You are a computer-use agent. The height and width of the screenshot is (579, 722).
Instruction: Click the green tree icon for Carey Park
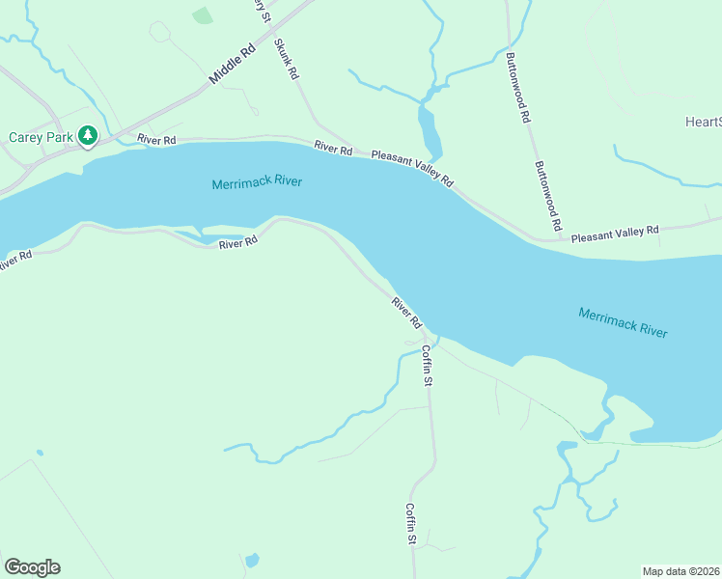[88, 136]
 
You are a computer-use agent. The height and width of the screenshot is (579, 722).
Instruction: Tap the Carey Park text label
[40, 137]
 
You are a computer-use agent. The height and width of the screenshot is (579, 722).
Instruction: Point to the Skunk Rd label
[287, 59]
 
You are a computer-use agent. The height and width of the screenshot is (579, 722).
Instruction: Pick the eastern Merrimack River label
[623, 321]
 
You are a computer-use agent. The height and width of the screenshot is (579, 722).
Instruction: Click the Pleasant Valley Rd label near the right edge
[614, 233]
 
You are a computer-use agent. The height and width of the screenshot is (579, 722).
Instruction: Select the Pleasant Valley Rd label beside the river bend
[413, 167]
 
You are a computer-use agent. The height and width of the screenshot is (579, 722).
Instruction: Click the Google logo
[32, 567]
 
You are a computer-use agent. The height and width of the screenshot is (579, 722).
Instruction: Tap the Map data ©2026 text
[680, 570]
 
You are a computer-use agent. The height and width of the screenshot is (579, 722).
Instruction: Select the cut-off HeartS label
[703, 122]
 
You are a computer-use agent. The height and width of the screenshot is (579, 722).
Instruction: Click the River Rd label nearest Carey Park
[156, 140]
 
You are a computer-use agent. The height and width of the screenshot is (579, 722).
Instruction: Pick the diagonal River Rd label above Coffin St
[407, 312]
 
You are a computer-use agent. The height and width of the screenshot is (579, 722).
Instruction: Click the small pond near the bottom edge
[252, 560]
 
